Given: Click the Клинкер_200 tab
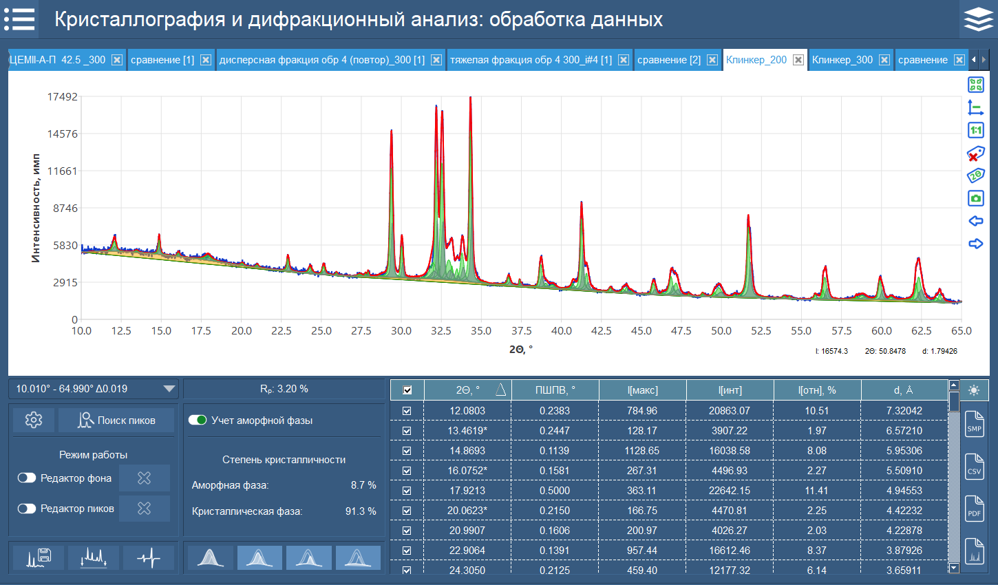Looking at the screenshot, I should (x=756, y=60).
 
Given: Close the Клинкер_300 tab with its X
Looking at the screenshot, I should (x=884, y=60).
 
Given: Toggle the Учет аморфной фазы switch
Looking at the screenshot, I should (x=198, y=420).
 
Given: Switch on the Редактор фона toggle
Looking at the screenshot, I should (x=27, y=478).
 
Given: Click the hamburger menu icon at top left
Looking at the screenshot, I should (x=19, y=19).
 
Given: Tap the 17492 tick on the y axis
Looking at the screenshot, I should (x=62, y=97).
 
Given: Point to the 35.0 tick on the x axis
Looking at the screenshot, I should (x=481, y=331).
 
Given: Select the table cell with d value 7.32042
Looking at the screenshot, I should (x=904, y=411).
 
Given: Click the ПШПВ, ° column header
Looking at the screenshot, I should (x=555, y=390).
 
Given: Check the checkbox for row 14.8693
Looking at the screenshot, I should (x=407, y=451).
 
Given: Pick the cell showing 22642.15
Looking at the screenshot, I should (x=730, y=491).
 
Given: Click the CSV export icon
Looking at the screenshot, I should (x=974, y=467).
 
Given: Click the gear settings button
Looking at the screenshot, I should (x=34, y=420).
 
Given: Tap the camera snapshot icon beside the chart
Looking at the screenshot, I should (x=975, y=198).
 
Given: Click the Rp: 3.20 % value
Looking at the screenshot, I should (x=284, y=389).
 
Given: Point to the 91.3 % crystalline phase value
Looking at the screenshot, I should (x=361, y=511).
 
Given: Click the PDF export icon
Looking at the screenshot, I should (x=974, y=509).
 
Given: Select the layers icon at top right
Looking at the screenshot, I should (x=978, y=19).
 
